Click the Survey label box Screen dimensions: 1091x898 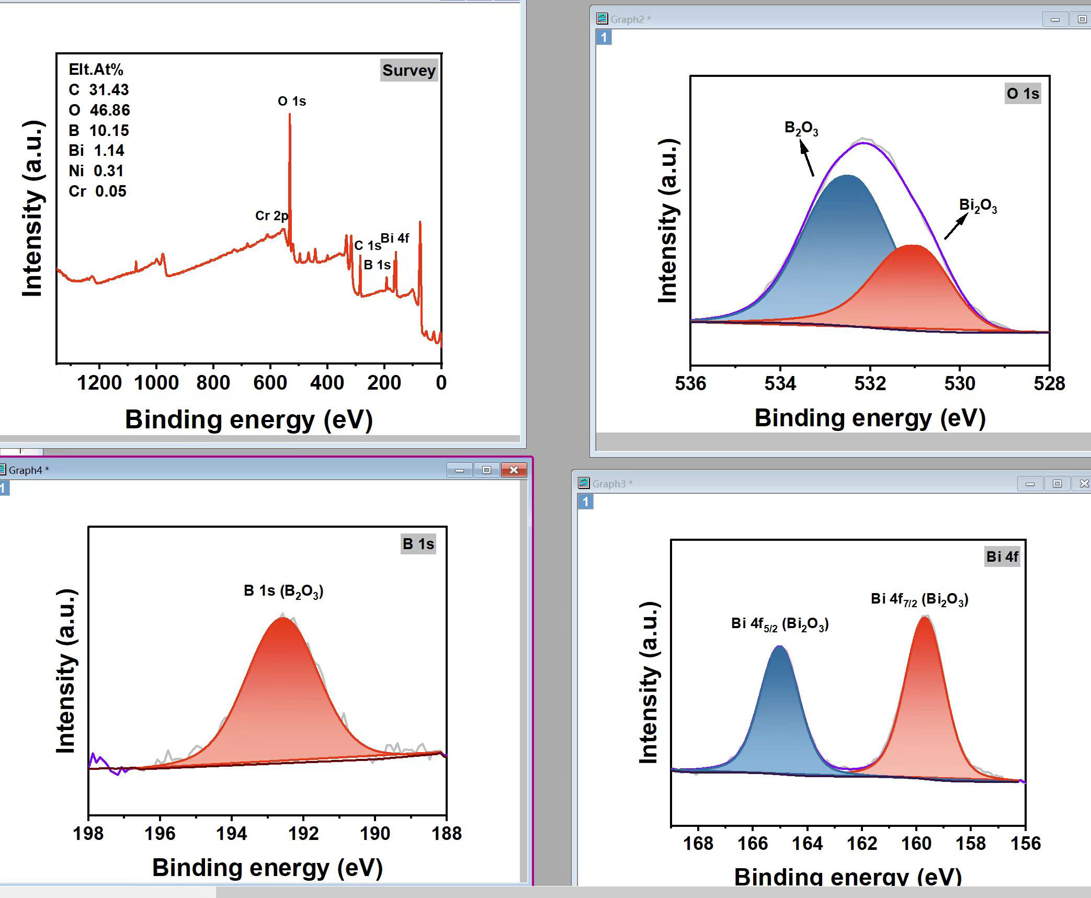tap(408, 70)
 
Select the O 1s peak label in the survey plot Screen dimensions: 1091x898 tap(292, 101)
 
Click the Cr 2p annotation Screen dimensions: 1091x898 tap(271, 215)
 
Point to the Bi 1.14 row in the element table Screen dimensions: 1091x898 tap(97, 151)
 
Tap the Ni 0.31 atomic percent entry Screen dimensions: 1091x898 tap(96, 171)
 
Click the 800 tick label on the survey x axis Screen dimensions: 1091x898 tap(213, 383)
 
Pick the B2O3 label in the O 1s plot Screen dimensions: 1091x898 tap(801, 129)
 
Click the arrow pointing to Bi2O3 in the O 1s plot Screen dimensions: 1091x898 tap(956, 227)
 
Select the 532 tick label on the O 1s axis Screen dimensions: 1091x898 tap(870, 384)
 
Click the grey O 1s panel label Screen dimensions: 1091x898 tap(1023, 94)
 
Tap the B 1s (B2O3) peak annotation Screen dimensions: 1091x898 tap(284, 592)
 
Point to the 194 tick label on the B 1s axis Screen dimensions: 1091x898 tap(232, 834)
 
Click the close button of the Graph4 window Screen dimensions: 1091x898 tap(514, 470)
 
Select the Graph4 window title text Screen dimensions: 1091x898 tap(28, 470)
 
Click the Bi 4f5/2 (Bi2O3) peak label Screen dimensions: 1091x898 tap(780, 624)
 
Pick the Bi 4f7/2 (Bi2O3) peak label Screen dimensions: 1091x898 tap(919, 599)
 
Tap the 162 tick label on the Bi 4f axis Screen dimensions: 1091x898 tap(862, 844)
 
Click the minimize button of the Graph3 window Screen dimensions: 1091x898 tap(1030, 484)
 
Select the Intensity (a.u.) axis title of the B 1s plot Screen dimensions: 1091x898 tap(66, 672)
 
